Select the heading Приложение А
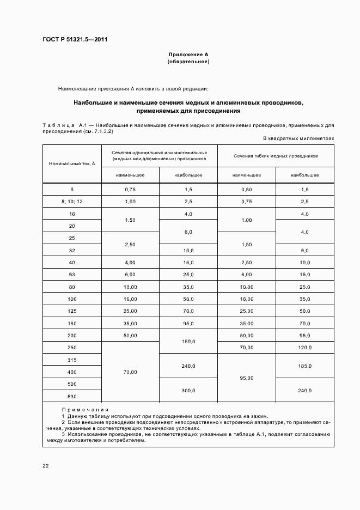point(188,54)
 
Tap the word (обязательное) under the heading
point(188,62)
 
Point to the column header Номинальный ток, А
point(72,163)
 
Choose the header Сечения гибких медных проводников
point(276,156)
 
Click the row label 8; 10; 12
point(72,202)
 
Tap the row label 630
point(72,396)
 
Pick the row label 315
point(72,360)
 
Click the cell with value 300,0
point(188,390)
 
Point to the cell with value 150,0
point(188,342)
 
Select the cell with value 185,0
point(305,366)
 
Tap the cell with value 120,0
point(305,348)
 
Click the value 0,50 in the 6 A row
point(246,189)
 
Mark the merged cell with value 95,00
point(246,378)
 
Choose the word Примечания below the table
point(85,409)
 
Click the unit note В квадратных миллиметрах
point(298,139)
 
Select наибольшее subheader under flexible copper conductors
point(305,175)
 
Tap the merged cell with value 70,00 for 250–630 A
point(130,372)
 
